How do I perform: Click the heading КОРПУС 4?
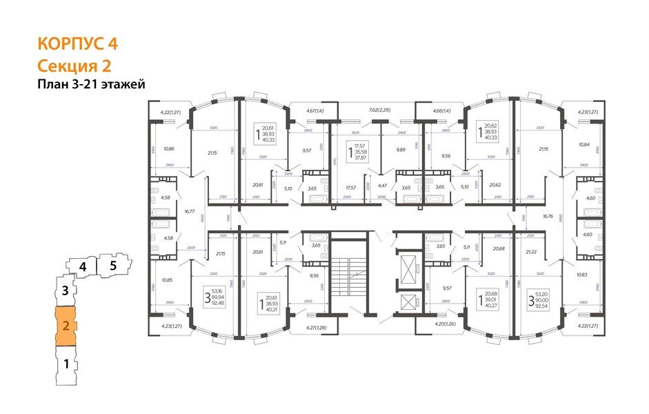[x=77, y=43]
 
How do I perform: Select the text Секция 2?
[x=74, y=66]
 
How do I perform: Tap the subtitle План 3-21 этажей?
[x=91, y=84]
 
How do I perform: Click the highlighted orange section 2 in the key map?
[x=66, y=326]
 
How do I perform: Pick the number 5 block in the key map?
[x=114, y=264]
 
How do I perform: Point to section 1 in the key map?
[x=66, y=364]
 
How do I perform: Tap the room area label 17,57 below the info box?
[x=351, y=187]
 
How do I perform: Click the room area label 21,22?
[x=532, y=253]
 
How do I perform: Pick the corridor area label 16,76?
[x=548, y=215]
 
